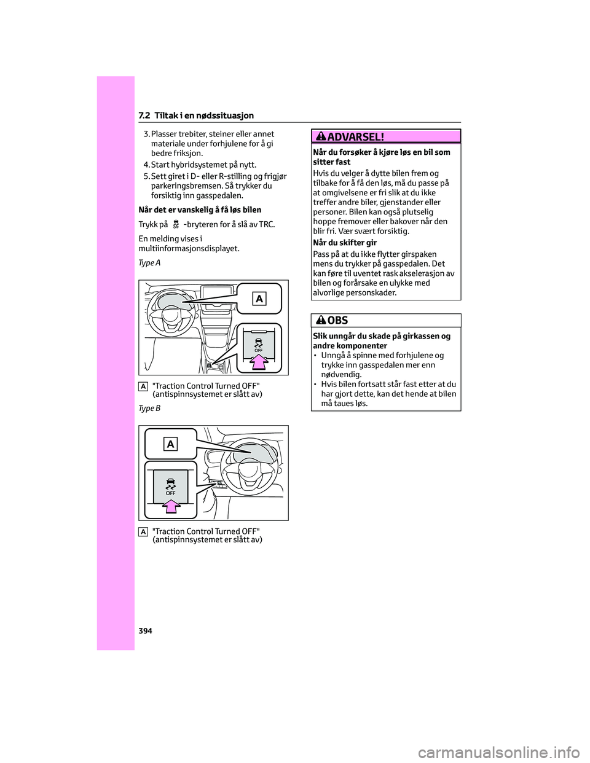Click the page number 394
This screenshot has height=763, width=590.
pos(144,631)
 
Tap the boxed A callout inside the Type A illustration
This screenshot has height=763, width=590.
pos(259,299)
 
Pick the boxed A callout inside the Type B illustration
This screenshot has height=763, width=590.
pos(170,444)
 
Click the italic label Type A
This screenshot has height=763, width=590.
pos(149,263)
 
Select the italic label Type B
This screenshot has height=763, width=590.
pos(149,408)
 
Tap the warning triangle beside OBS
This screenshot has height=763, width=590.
pos(323,320)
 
